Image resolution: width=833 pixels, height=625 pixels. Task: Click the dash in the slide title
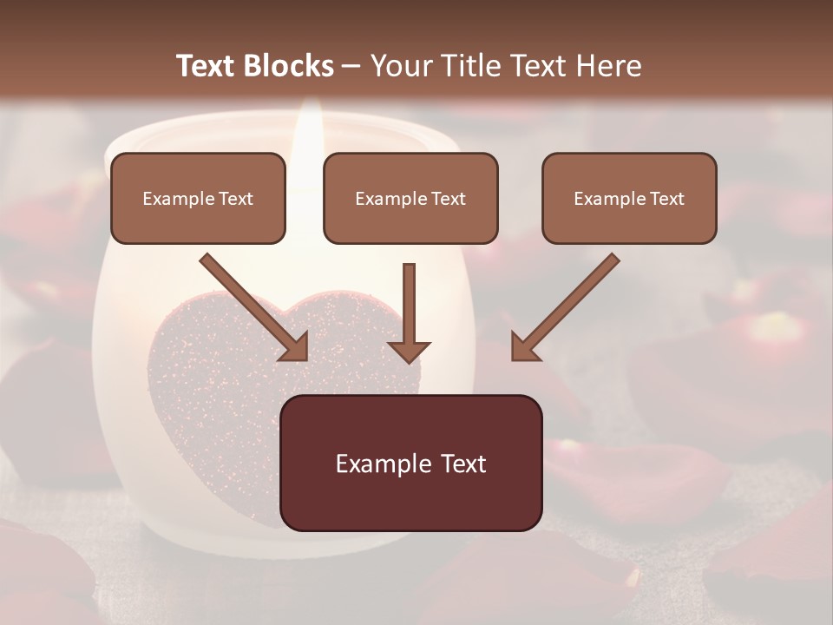[351, 67]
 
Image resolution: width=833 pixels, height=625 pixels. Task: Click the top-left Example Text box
[198, 199]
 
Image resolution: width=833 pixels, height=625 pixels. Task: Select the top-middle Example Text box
[410, 199]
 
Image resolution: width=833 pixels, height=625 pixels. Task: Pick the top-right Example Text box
[629, 199]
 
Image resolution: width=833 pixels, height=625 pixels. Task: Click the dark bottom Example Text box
[410, 464]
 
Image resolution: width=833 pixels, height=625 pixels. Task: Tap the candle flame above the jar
[307, 130]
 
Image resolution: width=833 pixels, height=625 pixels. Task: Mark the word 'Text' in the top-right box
[667, 199]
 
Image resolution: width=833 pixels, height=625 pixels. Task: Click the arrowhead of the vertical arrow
[409, 351]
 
